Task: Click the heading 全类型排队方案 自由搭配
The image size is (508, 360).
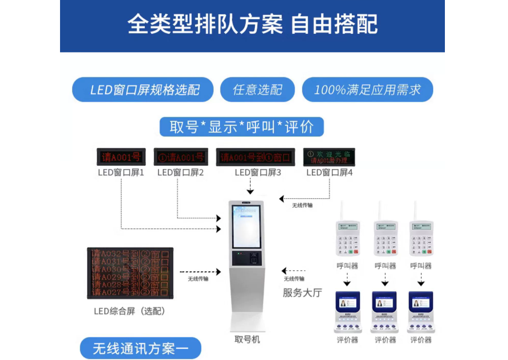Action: pyautogui.click(x=252, y=24)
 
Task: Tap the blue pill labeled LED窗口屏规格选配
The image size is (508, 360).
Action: pyautogui.click(x=143, y=90)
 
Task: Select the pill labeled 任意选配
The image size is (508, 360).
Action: pyautogui.click(x=258, y=90)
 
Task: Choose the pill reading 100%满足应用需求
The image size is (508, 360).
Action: pyautogui.click(x=367, y=90)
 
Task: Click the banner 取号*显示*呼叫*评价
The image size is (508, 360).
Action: pyautogui.click(x=241, y=126)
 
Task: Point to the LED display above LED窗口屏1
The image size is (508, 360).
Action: pyautogui.click(x=121, y=156)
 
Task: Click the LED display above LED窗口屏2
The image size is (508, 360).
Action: pyautogui.click(x=181, y=156)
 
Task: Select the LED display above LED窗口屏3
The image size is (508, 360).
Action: pyautogui.click(x=255, y=156)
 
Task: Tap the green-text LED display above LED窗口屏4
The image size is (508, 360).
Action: pyautogui.click(x=329, y=156)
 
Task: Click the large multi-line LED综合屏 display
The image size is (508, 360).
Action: pyautogui.click(x=130, y=273)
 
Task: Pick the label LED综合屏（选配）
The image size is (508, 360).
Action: pyautogui.click(x=129, y=311)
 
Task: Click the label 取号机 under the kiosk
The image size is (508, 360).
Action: pyautogui.click(x=247, y=339)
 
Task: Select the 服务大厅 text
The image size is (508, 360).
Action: pyautogui.click(x=302, y=293)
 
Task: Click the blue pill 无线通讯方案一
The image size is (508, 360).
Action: pyautogui.click(x=140, y=349)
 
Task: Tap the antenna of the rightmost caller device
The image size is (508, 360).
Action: pyautogui.click(x=415, y=210)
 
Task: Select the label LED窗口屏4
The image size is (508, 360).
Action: pyautogui.click(x=329, y=172)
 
